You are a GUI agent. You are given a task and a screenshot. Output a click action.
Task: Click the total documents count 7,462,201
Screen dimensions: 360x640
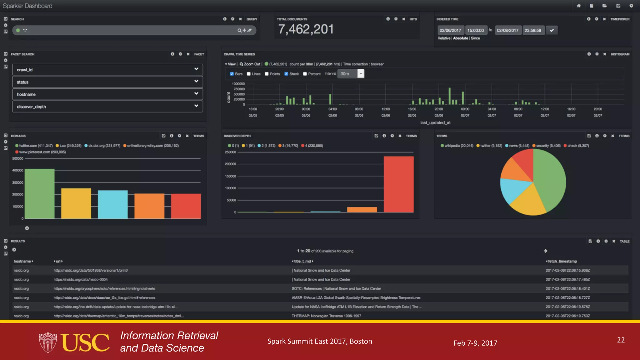click(x=306, y=29)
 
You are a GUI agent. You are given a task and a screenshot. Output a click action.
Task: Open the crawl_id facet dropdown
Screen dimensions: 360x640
click(x=107, y=69)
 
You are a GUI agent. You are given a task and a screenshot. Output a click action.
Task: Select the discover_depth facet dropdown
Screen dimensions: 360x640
click(x=107, y=107)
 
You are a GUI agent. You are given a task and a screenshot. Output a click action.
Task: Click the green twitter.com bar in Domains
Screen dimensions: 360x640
click(x=39, y=194)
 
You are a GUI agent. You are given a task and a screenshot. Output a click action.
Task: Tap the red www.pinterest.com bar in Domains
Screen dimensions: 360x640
click(x=186, y=206)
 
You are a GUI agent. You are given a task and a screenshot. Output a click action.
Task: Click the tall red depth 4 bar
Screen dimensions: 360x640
click(x=398, y=184)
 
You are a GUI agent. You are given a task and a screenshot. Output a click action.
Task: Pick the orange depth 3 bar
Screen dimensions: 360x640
click(x=362, y=209)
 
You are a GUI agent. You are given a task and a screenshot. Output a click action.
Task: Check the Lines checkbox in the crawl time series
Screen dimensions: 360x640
click(x=249, y=74)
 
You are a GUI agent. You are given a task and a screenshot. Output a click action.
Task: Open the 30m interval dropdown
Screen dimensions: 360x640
click(x=361, y=74)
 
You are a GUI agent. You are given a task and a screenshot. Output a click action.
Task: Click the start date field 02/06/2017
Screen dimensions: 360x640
click(x=450, y=30)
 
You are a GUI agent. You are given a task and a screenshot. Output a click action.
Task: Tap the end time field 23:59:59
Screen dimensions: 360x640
click(x=532, y=30)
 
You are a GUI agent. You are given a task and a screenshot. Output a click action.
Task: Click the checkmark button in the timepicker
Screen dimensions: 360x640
click(x=552, y=30)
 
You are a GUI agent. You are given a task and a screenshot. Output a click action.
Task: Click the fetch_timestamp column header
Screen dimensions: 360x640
click(x=562, y=261)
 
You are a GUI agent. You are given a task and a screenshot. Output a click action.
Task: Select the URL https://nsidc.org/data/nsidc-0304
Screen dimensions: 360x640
click(x=81, y=279)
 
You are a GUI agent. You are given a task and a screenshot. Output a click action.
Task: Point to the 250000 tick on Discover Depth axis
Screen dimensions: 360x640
click(x=230, y=152)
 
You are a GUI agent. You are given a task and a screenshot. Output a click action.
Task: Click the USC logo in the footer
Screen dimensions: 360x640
click(x=74, y=342)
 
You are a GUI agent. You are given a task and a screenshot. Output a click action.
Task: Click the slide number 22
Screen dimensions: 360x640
click(x=621, y=340)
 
